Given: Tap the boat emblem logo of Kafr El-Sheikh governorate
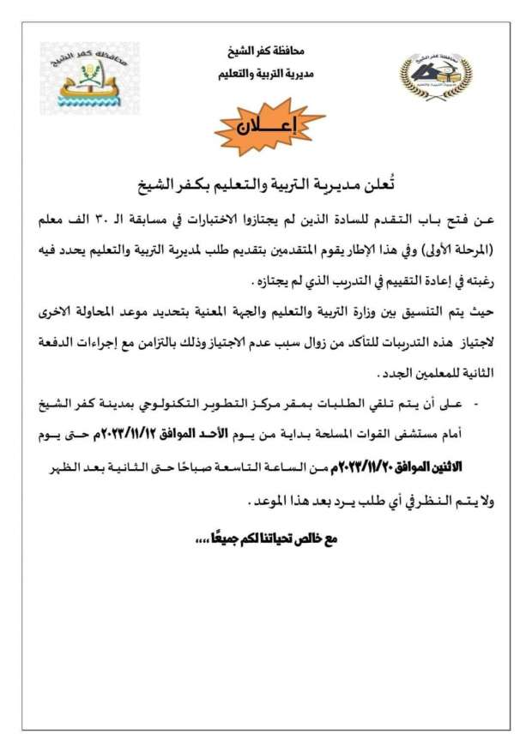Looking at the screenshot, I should [x=80, y=79].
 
